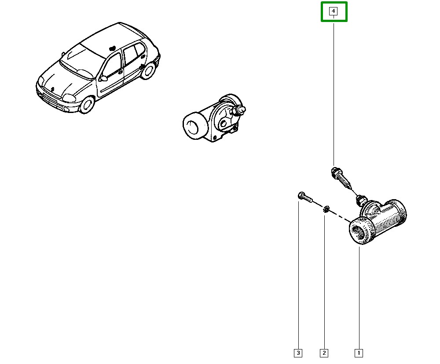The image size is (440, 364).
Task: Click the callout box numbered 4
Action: point(334,11)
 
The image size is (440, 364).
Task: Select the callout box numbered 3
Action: point(298,353)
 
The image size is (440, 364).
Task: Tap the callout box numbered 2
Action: point(324,353)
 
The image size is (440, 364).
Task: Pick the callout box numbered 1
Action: point(359,353)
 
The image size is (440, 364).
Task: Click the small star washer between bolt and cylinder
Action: point(326,209)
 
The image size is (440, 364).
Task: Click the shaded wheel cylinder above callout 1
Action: point(378,222)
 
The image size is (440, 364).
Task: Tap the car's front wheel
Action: point(87,104)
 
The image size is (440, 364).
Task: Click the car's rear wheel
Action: point(148,70)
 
